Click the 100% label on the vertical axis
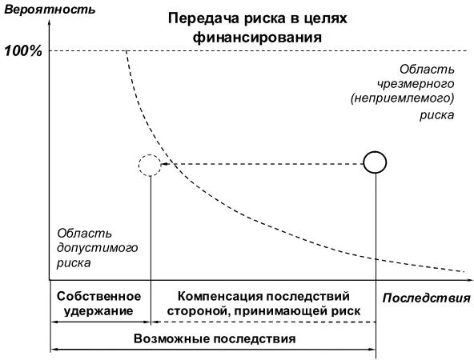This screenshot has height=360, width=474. (x=24, y=50)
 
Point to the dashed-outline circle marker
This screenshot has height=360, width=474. (x=150, y=164)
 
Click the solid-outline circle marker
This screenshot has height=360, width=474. (x=375, y=163)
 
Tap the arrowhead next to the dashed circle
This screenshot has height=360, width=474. (x=169, y=164)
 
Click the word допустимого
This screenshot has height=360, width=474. (x=98, y=247)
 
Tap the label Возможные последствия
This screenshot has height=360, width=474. (x=214, y=338)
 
